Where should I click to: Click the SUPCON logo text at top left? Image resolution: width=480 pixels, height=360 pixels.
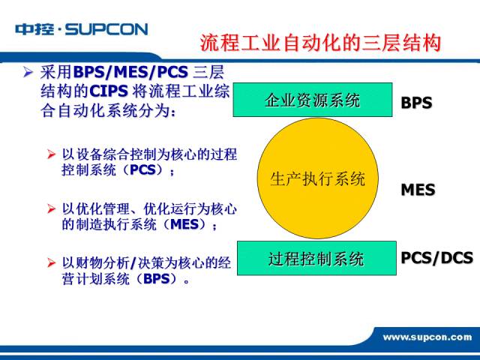[x=106, y=29]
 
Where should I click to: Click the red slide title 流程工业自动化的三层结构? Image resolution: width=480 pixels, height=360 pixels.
[x=320, y=43]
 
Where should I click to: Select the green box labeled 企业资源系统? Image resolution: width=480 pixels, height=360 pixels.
[x=313, y=100]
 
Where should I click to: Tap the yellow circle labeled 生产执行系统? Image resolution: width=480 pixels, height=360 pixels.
[x=318, y=178]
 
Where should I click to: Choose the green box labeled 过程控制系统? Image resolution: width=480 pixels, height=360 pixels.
[x=316, y=258]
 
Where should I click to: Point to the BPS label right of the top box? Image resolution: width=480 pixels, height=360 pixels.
[x=416, y=103]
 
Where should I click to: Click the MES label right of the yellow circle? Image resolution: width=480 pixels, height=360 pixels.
[x=418, y=190]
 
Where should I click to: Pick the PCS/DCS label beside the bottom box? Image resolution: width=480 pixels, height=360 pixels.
[x=436, y=258]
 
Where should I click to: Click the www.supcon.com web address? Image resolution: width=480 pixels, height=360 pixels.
[x=427, y=337]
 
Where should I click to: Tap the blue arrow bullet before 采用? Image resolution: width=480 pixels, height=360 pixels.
[x=28, y=73]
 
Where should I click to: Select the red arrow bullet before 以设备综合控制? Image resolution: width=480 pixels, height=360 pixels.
[x=51, y=154]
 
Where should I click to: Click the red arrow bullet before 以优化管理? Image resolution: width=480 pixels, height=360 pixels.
[x=51, y=209]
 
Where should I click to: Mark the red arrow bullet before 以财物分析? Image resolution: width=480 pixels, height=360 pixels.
[x=51, y=263]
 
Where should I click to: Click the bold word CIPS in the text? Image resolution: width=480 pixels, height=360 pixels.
[x=109, y=91]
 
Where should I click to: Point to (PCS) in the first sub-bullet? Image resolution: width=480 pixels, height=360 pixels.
[x=142, y=170]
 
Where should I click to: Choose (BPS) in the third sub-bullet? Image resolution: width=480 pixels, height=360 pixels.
[x=157, y=278]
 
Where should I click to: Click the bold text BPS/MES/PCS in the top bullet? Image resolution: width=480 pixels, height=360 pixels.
[x=130, y=72]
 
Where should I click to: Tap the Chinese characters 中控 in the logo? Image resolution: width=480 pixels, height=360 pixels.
[x=34, y=29]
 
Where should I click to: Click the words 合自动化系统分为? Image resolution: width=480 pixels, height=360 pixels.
[x=106, y=110]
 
